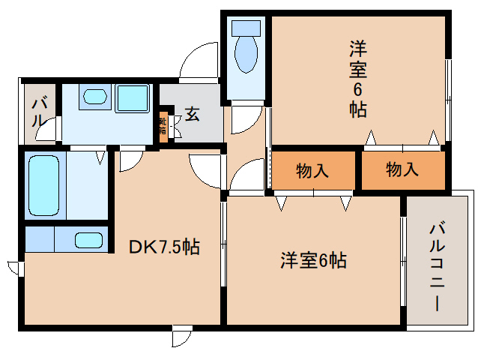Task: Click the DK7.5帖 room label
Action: [x=165, y=247]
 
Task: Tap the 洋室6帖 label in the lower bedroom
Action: [x=313, y=261]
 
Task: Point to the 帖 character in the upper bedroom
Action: [x=357, y=109]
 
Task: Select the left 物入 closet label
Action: [x=312, y=170]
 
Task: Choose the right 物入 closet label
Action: [x=402, y=170]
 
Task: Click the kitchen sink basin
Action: [x=89, y=241]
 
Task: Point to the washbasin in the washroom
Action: [x=94, y=97]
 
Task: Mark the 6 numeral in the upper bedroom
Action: [x=357, y=89]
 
